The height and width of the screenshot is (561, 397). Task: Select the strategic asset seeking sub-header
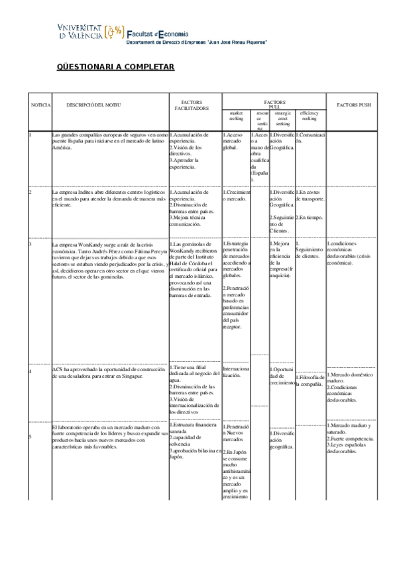282,118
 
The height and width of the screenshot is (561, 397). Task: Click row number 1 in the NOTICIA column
30,135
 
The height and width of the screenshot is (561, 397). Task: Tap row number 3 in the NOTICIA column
30,243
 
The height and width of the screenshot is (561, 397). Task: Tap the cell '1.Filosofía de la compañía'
310,380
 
